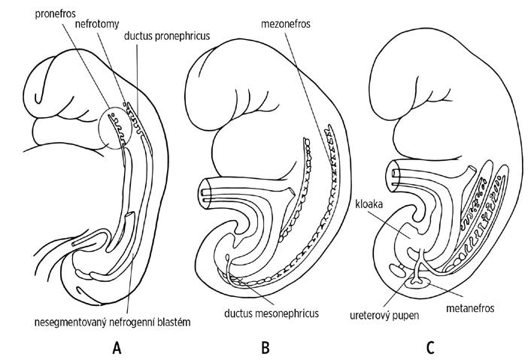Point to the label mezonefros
click(x=289, y=23)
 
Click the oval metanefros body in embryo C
click(x=415, y=284)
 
